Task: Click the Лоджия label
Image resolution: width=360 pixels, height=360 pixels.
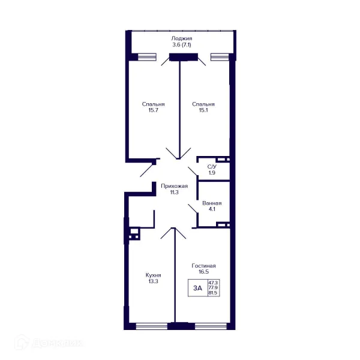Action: pyautogui.click(x=182, y=38)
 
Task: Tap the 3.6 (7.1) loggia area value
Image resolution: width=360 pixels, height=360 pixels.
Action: pyautogui.click(x=182, y=45)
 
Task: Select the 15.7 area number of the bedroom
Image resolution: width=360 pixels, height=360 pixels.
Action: pyautogui.click(x=153, y=110)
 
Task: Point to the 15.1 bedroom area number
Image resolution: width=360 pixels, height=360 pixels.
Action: pyautogui.click(x=203, y=110)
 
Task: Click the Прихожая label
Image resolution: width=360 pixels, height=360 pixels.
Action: pyautogui.click(x=174, y=186)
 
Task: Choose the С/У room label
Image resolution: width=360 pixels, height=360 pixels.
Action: pyautogui.click(x=212, y=166)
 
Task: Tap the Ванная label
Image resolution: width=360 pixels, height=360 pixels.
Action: pyautogui.click(x=212, y=203)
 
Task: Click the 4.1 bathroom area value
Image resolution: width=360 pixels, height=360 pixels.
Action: pyautogui.click(x=212, y=209)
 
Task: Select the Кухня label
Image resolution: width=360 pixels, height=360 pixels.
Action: pyautogui.click(x=153, y=275)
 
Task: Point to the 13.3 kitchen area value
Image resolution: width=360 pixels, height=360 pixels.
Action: pyautogui.click(x=153, y=281)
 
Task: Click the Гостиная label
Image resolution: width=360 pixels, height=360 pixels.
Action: pyautogui.click(x=203, y=266)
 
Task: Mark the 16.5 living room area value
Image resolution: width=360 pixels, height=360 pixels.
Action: pyautogui.click(x=203, y=272)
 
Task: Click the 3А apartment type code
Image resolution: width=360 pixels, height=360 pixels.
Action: pyautogui.click(x=197, y=288)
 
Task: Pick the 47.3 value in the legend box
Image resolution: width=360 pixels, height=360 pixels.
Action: pyautogui.click(x=213, y=283)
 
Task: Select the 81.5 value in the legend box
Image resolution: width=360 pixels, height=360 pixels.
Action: pyautogui.click(x=213, y=293)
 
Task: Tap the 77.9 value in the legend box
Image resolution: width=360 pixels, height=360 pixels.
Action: pyautogui.click(x=213, y=287)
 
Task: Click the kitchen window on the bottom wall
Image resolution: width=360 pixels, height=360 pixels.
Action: pyautogui.click(x=152, y=326)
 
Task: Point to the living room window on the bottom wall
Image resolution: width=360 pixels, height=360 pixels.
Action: pyautogui.click(x=211, y=326)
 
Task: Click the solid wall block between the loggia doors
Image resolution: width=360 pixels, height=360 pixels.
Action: pyautogui.click(x=184, y=57)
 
